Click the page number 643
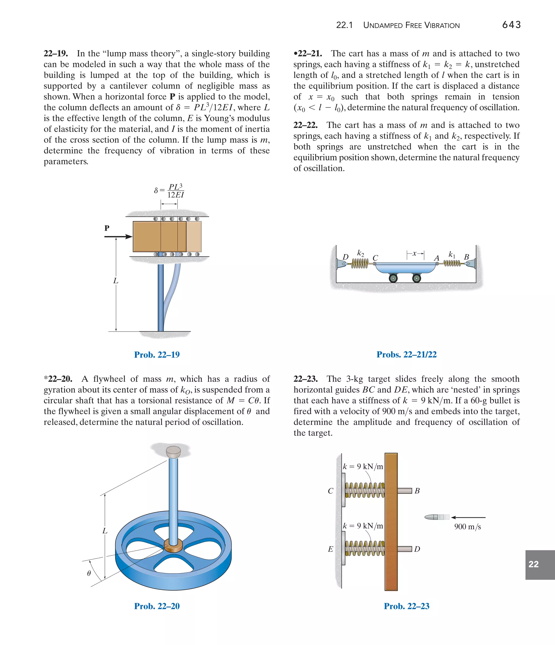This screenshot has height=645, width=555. pos(511,25)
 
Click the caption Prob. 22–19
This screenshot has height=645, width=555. pos(157,355)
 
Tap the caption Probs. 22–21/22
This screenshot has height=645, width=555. pos(406,354)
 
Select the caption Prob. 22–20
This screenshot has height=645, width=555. pos(157,606)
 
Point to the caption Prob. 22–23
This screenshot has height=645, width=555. pos(406,606)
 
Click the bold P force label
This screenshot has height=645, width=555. pos(107,228)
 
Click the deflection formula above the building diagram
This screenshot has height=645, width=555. pos(169,190)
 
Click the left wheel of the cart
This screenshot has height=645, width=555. pos(393,278)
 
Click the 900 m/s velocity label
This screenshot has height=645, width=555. pos(467,527)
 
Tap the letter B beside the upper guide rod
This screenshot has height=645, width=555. pos(417,491)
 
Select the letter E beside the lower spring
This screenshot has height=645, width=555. pos(331,549)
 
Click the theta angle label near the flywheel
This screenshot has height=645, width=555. pos(89,573)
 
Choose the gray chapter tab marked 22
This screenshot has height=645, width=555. pos(540,564)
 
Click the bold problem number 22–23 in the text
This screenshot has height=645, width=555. pos(306,379)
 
